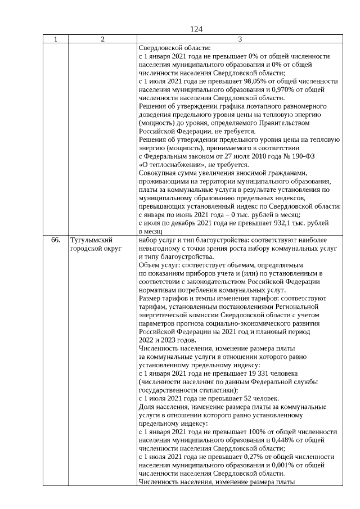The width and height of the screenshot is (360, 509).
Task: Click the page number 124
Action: click(196, 29)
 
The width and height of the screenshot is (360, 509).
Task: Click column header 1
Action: click(55, 39)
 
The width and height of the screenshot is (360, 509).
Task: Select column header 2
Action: click(102, 39)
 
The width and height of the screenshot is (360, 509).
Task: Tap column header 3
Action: click(240, 39)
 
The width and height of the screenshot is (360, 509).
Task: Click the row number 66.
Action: click(56, 240)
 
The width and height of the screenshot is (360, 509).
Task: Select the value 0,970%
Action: click(283, 89)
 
